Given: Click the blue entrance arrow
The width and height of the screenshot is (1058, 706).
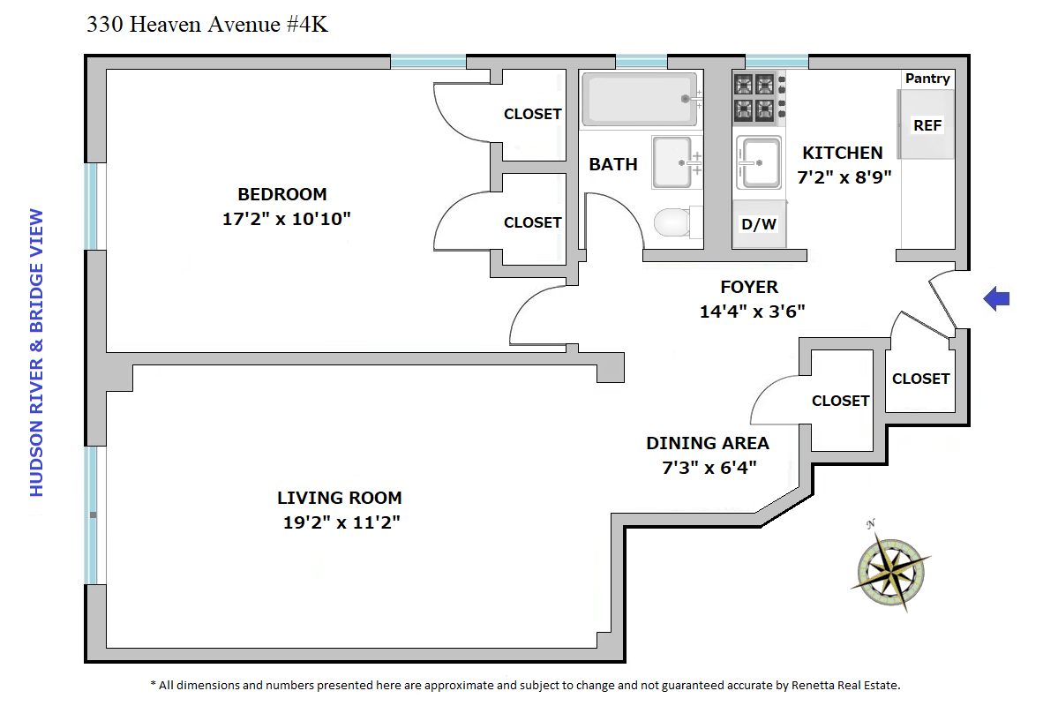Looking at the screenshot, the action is coord(996,298).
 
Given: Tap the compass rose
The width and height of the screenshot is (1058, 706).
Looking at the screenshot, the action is coord(890,570).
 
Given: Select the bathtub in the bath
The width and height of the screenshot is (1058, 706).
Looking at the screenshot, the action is coord(640,99).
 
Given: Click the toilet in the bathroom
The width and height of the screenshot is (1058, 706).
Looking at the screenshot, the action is coord(672,222).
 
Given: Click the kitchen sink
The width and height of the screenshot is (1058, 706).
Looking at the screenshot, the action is coord(758,162).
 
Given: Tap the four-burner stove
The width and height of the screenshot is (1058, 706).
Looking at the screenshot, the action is coord(754,97).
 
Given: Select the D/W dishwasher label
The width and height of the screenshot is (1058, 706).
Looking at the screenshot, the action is coord(758,224).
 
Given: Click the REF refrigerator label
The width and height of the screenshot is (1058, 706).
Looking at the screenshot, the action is coord(927,125).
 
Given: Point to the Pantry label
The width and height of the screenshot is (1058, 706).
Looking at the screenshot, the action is coord(927,79).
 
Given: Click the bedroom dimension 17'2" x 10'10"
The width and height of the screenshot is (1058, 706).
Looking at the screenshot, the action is coord(287,219).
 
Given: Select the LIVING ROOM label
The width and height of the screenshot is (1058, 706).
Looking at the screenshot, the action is coord(340,498).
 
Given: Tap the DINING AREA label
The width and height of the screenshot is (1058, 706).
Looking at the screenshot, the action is coord(708,443).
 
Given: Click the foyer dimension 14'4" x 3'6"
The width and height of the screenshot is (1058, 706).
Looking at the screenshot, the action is coord(753,312).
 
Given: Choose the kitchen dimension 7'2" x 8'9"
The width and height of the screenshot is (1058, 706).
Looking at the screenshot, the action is coord(844,176).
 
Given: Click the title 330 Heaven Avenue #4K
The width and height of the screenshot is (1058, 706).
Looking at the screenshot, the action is coord(207,25).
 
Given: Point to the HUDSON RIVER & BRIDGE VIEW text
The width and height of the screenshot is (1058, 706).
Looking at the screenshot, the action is coord(36,353).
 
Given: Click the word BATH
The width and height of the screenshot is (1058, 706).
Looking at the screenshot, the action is coord(612,165).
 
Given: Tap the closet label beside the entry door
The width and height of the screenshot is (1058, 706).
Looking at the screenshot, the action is coord(921,379).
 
